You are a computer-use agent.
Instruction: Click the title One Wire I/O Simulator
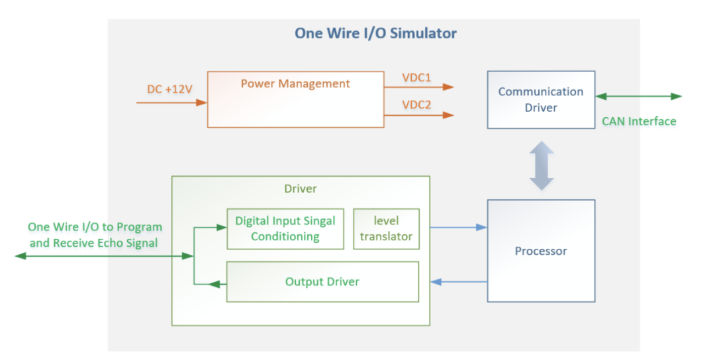[375, 33]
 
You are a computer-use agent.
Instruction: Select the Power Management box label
[295, 84]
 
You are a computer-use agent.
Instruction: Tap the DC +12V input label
[169, 89]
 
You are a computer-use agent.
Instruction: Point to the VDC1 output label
[416, 77]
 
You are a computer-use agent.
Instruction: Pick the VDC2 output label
[416, 105]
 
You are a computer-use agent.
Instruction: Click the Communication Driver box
[541, 100]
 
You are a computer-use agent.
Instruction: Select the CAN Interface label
[639, 121]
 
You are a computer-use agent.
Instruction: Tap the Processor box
[541, 251]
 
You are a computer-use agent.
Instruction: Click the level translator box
[386, 229]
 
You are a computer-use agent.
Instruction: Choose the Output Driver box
[322, 282]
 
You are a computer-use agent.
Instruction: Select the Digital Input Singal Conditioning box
[285, 229]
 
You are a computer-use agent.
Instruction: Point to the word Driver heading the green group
[301, 189]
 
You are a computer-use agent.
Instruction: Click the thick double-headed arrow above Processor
[542, 165]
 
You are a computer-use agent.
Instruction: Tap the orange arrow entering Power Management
[171, 103]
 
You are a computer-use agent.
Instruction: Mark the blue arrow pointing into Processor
[458, 227]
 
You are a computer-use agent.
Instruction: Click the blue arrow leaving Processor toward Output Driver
[458, 282]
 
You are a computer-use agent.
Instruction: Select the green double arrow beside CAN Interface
[638, 96]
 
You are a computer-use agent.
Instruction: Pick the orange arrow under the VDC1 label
[419, 87]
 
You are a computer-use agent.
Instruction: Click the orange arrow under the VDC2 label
[419, 115]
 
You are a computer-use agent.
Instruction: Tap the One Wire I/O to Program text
[95, 227]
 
